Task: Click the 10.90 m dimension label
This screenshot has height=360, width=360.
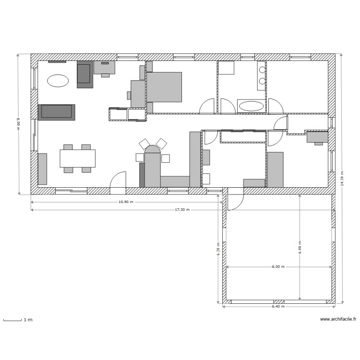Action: pos(126,202)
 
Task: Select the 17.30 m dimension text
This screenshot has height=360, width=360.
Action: pos(182,210)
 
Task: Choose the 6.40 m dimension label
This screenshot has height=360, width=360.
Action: pos(278,306)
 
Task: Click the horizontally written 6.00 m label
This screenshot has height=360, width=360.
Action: pos(278,266)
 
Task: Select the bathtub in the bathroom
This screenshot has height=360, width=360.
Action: pos(251,106)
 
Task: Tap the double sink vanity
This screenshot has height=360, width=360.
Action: pos(261,75)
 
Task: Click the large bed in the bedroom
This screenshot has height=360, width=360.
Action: pos(164,87)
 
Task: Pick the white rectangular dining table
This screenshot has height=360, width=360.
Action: pos(77,158)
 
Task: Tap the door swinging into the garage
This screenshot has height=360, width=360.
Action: pos(235,200)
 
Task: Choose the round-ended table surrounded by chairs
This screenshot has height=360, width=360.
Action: pos(153,166)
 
